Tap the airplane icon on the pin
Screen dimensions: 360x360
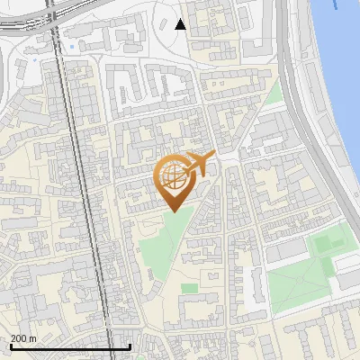tap(200, 164)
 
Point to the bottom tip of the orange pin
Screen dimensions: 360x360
tap(174, 211)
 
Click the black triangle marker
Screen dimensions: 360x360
tap(180, 24)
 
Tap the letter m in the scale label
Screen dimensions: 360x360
tap(33, 338)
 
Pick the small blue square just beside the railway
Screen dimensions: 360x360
tap(46, 60)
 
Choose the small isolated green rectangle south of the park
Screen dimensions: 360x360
tap(189, 289)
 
